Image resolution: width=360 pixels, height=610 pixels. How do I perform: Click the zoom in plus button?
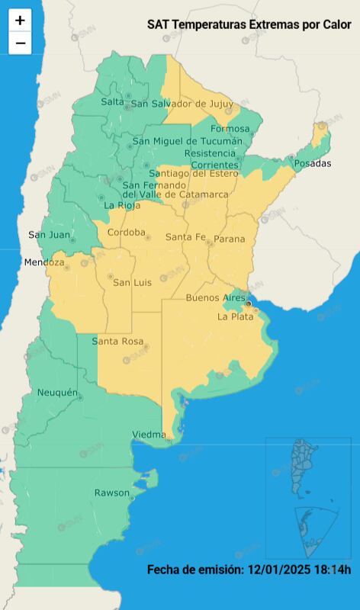[20, 21]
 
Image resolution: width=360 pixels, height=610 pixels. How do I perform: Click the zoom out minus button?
[20, 43]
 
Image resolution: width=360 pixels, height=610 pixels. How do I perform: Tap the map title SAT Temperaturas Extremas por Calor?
[249, 25]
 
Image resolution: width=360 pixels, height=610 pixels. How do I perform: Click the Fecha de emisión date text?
[249, 570]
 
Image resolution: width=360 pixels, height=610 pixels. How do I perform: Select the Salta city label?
[112, 102]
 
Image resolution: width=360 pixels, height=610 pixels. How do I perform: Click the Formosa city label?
[230, 128]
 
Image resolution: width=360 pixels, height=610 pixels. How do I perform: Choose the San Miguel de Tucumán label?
[187, 140]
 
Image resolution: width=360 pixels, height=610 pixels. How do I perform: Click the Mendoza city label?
[44, 262]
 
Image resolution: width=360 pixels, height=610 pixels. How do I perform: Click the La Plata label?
[236, 316]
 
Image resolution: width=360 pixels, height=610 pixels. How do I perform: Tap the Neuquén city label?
[58, 393]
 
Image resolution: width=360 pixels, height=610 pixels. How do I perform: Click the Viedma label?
[149, 435]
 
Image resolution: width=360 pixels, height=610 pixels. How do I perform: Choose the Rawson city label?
[112, 493]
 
